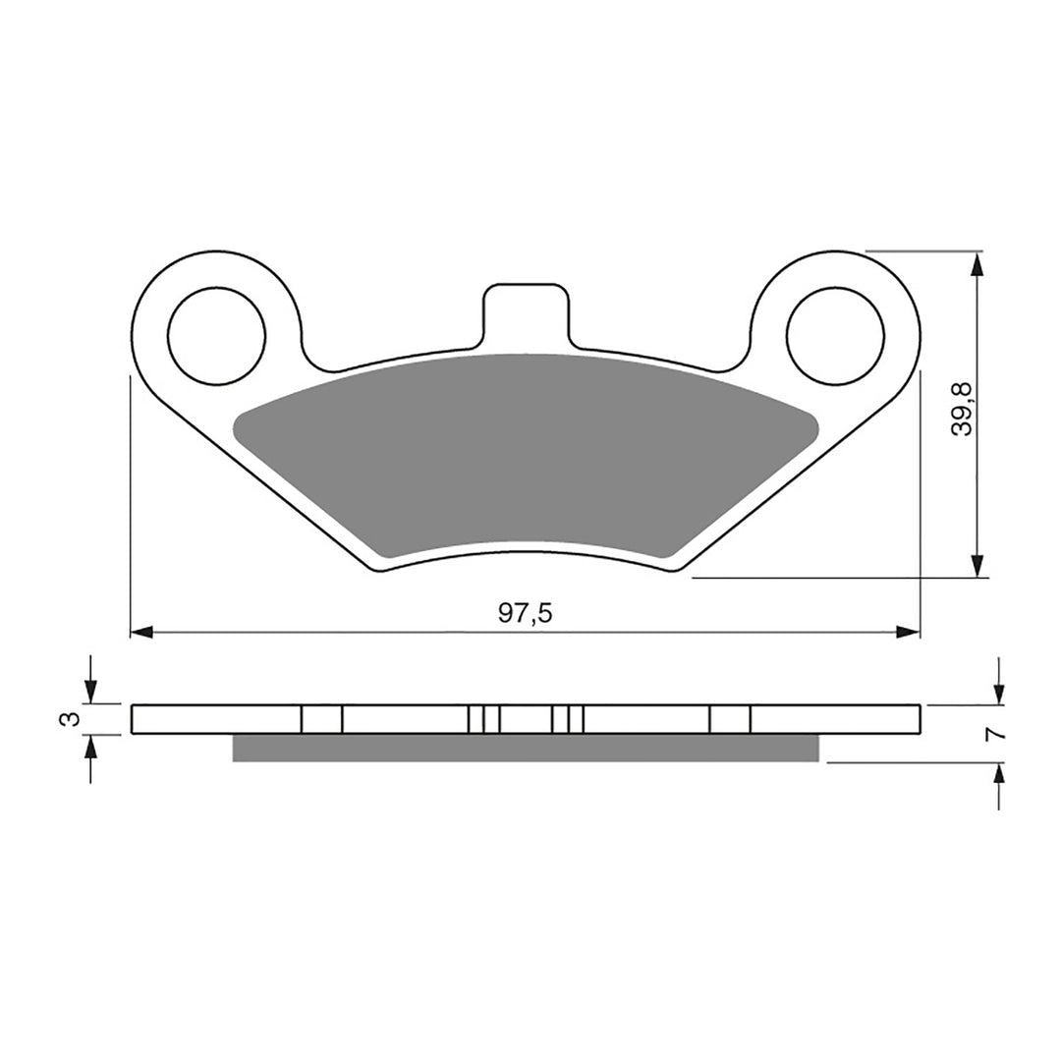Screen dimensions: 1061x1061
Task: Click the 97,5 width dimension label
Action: tap(526, 614)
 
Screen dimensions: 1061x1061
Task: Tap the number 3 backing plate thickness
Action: tap(67, 719)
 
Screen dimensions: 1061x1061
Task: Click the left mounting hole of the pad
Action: tap(216, 334)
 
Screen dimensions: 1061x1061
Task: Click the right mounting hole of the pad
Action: tap(834, 334)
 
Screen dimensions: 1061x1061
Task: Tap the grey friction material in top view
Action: tap(526, 452)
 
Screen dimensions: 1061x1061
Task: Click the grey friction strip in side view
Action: tap(526, 749)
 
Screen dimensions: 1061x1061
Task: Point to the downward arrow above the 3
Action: tap(90, 692)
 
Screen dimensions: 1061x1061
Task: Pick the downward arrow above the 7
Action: tap(999, 692)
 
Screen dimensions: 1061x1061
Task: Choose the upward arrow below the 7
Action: tap(999, 776)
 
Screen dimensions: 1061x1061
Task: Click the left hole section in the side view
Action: tap(321, 719)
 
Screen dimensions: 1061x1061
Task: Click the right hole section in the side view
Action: tap(729, 719)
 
